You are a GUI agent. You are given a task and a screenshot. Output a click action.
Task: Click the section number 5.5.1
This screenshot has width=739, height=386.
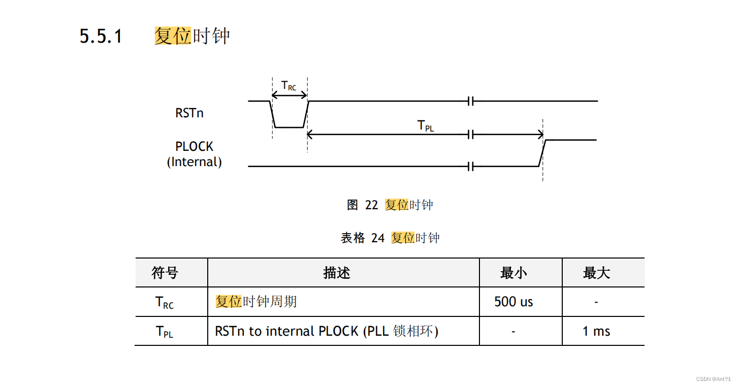[x=101, y=36]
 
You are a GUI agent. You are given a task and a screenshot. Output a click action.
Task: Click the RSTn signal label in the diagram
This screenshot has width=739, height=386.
[x=189, y=113]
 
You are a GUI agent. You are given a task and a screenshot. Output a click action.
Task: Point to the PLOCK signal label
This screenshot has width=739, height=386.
[x=195, y=146]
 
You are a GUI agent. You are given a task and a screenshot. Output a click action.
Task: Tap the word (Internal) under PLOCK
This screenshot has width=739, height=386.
[x=195, y=162]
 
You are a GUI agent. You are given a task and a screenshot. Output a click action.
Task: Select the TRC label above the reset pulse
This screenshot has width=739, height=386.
[x=288, y=86]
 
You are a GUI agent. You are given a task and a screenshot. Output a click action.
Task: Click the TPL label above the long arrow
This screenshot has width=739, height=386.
[x=426, y=125]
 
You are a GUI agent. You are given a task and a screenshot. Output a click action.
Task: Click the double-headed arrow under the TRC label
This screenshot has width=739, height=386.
[x=290, y=95]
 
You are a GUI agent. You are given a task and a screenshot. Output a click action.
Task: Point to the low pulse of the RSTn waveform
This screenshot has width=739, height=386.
[x=290, y=127]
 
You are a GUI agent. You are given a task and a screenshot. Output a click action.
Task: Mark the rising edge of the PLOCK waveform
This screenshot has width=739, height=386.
[x=542, y=153]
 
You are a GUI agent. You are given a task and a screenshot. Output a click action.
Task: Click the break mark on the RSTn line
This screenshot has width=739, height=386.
[x=471, y=101]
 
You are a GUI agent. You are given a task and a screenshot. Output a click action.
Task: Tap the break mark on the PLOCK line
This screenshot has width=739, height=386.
[x=471, y=166]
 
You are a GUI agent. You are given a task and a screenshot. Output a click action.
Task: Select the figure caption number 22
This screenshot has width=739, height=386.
[x=372, y=205]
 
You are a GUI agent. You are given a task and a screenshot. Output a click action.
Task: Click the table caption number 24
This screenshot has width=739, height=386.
[x=378, y=238]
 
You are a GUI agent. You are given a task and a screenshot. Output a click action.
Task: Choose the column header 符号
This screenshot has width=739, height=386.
[x=165, y=273]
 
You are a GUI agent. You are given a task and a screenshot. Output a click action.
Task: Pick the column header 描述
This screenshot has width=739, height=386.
[x=337, y=273]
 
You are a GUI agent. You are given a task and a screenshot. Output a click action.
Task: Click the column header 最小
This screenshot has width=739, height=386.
[x=513, y=273]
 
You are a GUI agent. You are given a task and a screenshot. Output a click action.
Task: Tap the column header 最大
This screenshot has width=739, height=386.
[x=596, y=273]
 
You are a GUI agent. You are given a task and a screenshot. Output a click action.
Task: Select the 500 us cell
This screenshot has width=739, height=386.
[x=513, y=302]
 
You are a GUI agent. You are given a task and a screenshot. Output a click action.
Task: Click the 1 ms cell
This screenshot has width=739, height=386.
[x=596, y=331]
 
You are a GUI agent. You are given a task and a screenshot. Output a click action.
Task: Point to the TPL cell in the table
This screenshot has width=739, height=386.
[x=165, y=332]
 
